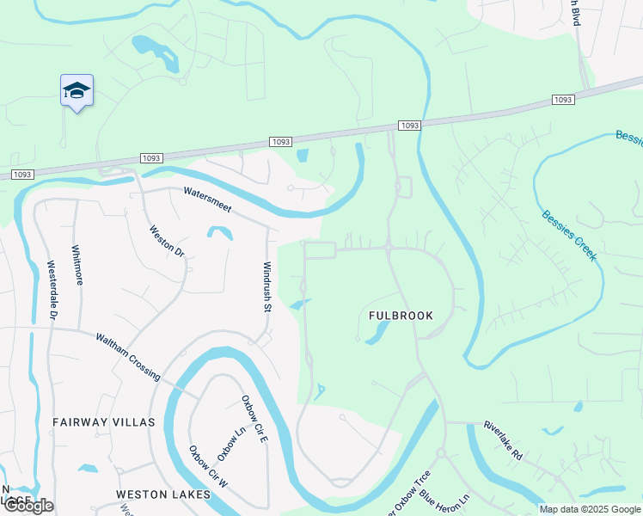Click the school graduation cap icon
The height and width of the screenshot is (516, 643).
click(77, 90)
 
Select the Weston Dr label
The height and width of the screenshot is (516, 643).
click(167, 242)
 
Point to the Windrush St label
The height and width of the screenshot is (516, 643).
click(266, 286)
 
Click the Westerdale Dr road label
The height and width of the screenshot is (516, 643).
click(52, 292)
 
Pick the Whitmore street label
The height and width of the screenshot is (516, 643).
click(78, 266)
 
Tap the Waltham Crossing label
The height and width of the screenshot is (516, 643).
click(127, 356)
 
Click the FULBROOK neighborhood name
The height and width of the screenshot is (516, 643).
click(401, 316)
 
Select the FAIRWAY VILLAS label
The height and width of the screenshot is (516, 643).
click(103, 422)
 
